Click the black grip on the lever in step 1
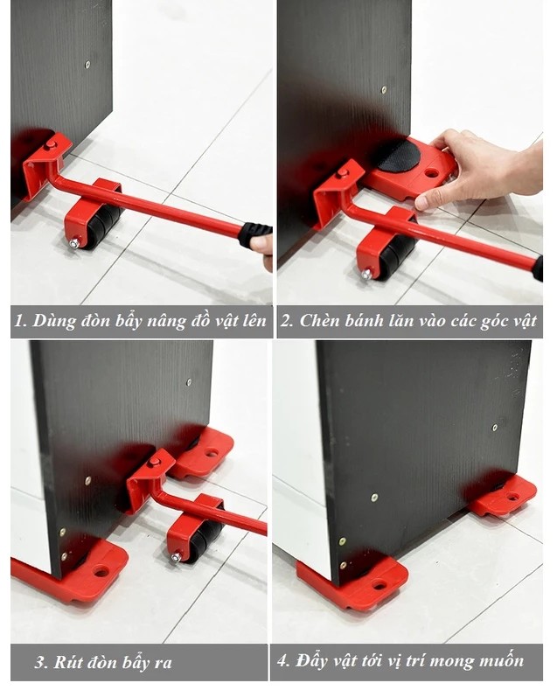255,234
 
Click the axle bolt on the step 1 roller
75,243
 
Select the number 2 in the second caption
287,321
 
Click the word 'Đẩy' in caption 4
313,660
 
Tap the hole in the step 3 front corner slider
101,572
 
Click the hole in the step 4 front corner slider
379,585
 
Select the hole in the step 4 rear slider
512,497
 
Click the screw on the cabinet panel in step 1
87,65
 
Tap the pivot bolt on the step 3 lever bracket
155,462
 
